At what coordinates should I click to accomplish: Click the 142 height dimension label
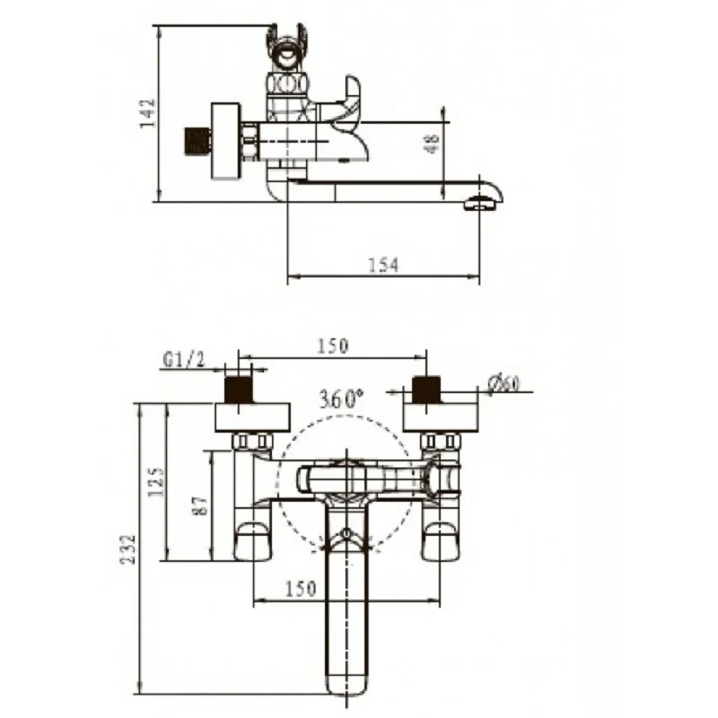click(x=148, y=113)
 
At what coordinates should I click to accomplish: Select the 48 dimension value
click(x=433, y=144)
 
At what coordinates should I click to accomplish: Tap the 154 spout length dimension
click(x=384, y=265)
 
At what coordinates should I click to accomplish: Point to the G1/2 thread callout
click(x=183, y=361)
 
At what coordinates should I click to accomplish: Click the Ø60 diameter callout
click(x=503, y=384)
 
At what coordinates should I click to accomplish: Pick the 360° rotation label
click(x=341, y=398)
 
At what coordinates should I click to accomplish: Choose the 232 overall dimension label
click(x=128, y=549)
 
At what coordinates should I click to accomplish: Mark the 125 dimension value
click(x=156, y=482)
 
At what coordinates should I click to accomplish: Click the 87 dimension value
click(x=200, y=505)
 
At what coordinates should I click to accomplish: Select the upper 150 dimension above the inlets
click(x=333, y=346)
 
